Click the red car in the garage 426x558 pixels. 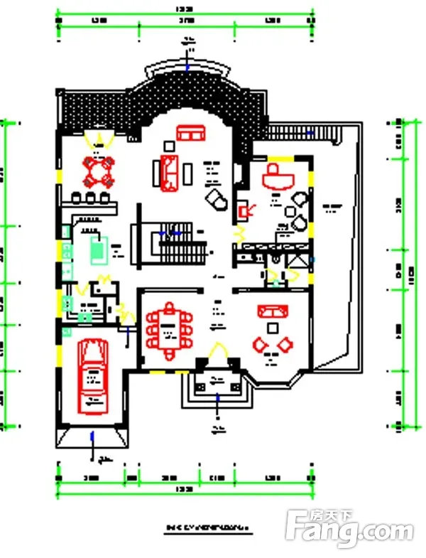[93, 376]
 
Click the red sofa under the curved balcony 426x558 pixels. [190, 134]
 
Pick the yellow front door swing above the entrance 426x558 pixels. [217, 353]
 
